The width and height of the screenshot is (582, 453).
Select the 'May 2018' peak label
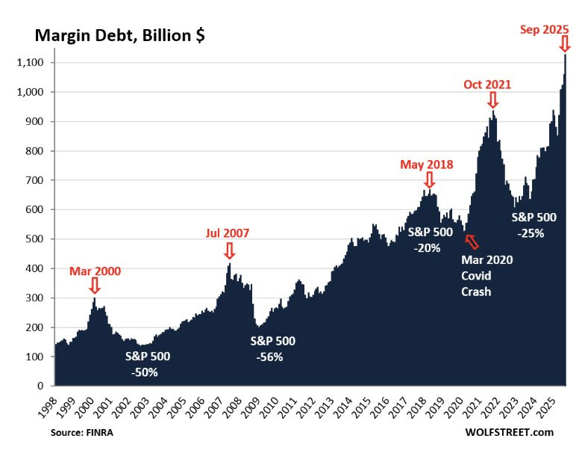427,164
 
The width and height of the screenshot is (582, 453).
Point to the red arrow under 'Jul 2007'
229,251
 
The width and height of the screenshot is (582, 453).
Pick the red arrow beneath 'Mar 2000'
94,286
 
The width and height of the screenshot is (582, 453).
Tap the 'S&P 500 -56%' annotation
272,348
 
